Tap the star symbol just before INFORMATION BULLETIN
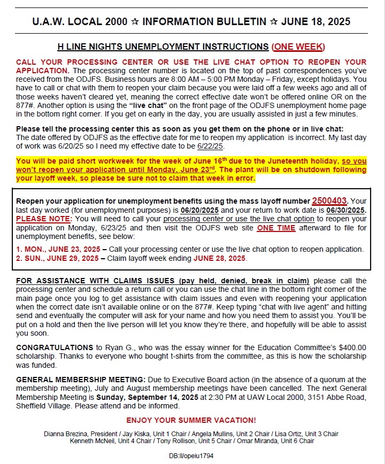click(x=136, y=22)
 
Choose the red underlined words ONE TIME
click(x=276, y=228)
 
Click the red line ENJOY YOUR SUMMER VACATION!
click(x=191, y=420)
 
